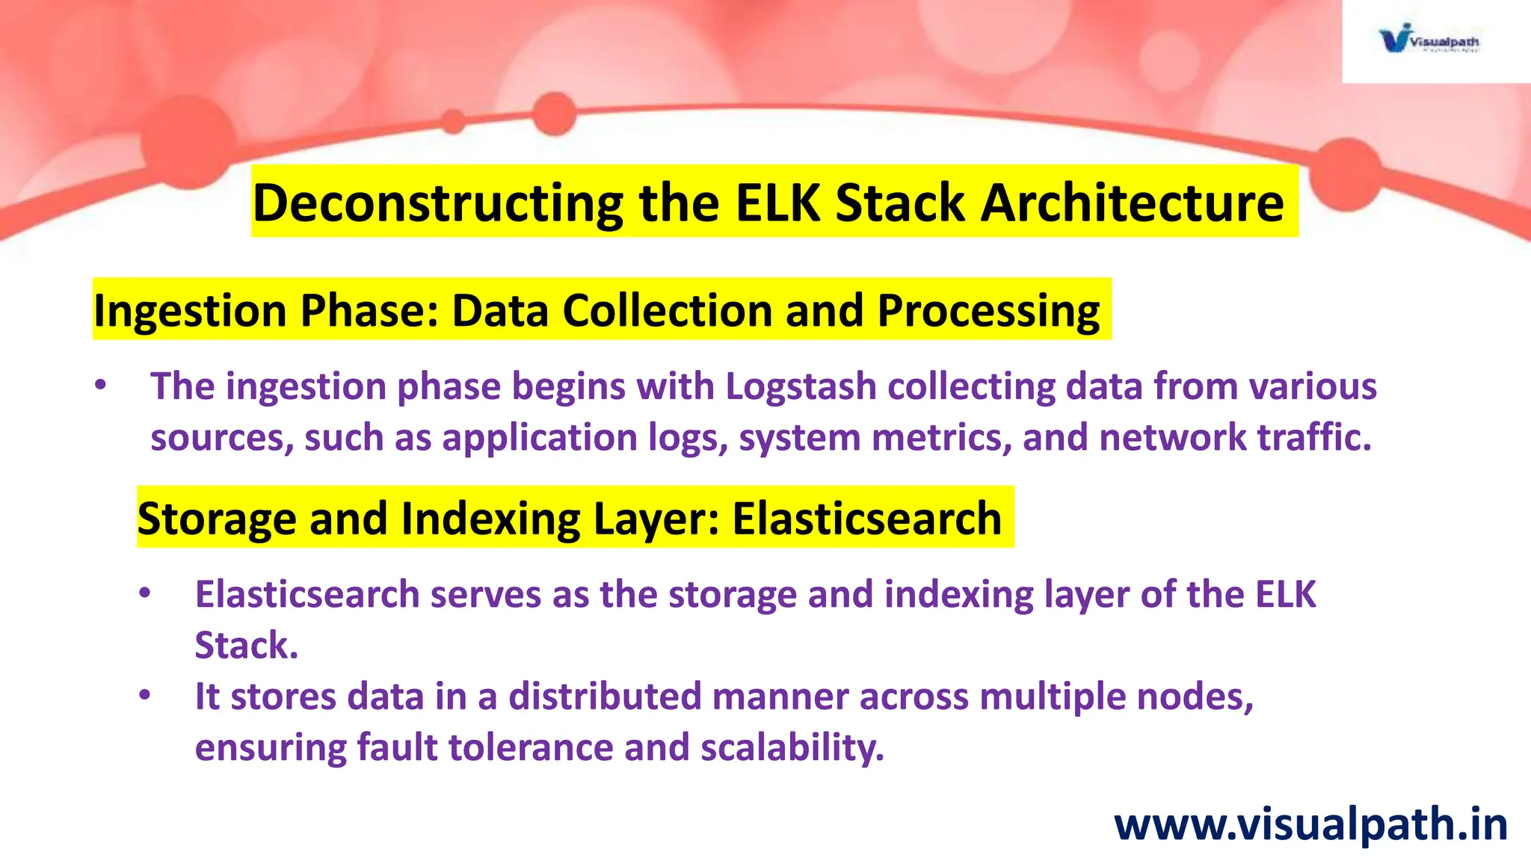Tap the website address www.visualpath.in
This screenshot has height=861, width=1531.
1310,825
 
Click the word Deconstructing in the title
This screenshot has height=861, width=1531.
438,203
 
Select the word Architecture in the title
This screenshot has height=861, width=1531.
1132,203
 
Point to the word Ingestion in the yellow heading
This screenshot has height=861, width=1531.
190,311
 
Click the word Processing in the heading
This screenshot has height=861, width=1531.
988,311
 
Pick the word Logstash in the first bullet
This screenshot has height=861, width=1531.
800,387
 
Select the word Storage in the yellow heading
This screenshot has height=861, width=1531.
216,519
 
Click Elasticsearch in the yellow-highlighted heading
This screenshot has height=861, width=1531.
866,519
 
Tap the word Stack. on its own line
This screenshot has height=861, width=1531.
246,645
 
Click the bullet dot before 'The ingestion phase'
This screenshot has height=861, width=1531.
101,386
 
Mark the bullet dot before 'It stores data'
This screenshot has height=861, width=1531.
145,696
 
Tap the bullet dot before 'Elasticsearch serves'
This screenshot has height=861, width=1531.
145,594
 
